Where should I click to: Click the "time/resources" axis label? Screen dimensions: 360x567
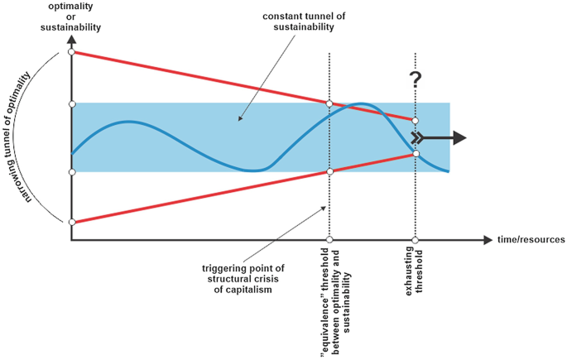point(531,240)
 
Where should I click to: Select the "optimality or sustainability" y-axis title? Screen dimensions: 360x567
point(71,16)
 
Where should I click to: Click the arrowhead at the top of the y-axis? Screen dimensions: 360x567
point(72,39)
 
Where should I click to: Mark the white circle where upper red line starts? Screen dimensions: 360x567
point(72,52)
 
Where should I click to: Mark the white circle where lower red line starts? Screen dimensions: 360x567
point(72,222)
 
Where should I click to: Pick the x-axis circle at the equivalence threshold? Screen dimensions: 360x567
point(330,240)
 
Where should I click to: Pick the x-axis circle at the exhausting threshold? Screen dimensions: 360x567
point(416,240)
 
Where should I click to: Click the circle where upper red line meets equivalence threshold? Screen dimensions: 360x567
point(330,103)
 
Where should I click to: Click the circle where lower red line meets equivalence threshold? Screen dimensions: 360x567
point(330,171)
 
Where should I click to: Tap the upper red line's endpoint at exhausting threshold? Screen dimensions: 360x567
point(416,121)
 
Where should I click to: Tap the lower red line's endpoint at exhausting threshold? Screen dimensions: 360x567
point(416,154)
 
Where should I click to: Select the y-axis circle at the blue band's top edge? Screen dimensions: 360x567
point(72,103)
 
